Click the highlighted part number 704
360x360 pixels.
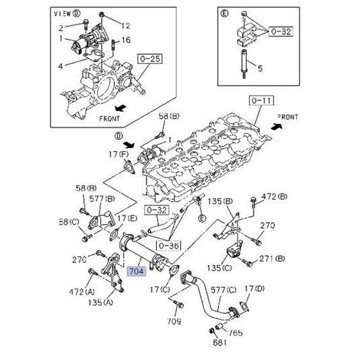pyautogui.click(x=137, y=271)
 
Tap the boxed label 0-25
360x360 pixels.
pyautogui.click(x=150, y=59)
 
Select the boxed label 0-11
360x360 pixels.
pyautogui.click(x=261, y=100)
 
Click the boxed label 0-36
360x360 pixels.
pyautogui.click(x=168, y=246)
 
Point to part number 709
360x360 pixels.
pyautogui.click(x=174, y=321)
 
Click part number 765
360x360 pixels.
pyautogui.click(x=236, y=332)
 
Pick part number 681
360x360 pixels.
pyautogui.click(x=219, y=343)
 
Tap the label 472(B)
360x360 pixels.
pyautogui.click(x=274, y=196)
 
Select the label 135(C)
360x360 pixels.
pyautogui.click(x=219, y=268)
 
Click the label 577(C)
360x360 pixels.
pyautogui.click(x=223, y=290)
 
